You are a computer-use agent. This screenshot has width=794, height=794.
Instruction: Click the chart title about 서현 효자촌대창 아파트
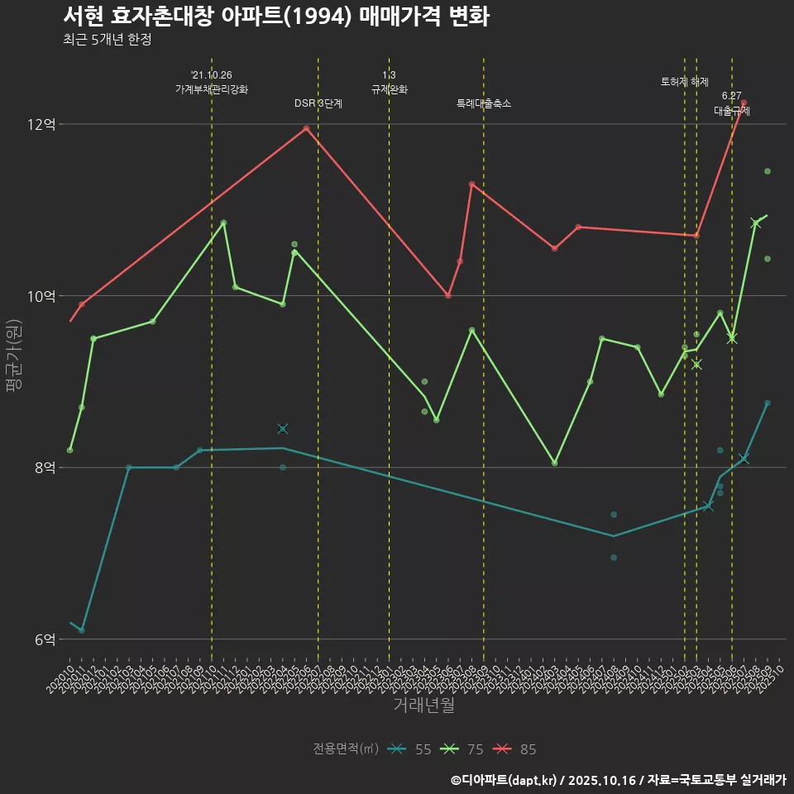(x=276, y=17)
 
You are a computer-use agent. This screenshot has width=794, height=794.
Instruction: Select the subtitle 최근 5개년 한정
(x=107, y=40)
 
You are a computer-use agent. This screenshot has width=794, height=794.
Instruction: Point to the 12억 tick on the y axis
(x=41, y=125)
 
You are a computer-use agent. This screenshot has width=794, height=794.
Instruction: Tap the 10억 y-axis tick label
(x=41, y=296)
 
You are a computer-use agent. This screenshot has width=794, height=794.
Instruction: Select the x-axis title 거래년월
(x=423, y=706)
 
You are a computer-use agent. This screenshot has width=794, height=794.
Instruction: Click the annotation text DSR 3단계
(x=318, y=103)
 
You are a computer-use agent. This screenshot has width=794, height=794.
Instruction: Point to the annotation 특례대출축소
(x=484, y=103)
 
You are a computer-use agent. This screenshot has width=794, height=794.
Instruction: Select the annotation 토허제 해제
(x=685, y=82)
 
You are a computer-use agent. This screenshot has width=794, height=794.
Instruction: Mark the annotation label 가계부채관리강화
(x=212, y=89)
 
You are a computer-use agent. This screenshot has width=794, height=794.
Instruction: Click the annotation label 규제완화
(x=389, y=89)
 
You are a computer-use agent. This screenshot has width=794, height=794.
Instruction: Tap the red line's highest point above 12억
(x=744, y=103)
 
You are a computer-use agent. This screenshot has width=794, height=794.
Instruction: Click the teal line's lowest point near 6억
(x=81, y=630)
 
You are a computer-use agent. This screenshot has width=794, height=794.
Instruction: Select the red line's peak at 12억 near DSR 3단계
(x=306, y=128)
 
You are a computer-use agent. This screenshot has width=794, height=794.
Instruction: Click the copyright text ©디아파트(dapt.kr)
(x=506, y=780)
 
